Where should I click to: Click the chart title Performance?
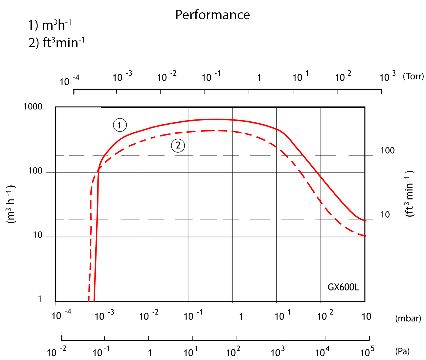click(212, 15)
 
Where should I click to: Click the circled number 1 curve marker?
click(120, 125)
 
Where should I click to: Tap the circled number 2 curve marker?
click(178, 146)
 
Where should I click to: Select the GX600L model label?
click(343, 287)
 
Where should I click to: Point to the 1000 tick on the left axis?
click(33, 107)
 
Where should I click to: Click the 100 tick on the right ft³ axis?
click(387, 151)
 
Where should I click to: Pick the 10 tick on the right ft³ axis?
click(385, 215)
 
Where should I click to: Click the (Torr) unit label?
click(413, 77)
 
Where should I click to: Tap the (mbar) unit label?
click(408, 318)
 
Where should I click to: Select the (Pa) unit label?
click(402, 351)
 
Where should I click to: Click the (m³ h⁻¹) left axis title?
click(11, 204)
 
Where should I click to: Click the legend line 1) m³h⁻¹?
click(50, 25)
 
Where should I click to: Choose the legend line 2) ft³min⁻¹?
click(56, 43)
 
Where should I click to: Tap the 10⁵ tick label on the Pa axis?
click(367, 351)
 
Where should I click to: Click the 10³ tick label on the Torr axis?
click(387, 77)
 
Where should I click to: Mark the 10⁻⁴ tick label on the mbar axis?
click(61, 315)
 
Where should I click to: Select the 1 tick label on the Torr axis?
click(259, 78)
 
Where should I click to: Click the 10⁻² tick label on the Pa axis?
click(56, 351)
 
